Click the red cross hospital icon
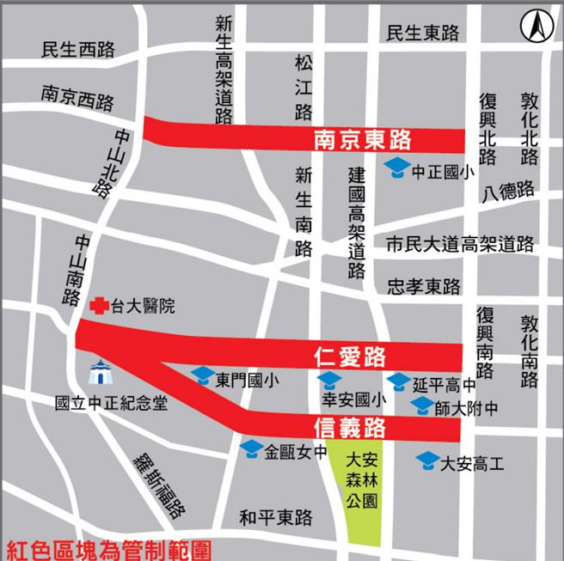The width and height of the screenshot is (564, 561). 100,304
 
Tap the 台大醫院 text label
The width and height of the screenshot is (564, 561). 142,305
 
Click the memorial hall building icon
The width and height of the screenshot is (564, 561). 100,373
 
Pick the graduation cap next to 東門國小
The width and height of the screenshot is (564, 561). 202,375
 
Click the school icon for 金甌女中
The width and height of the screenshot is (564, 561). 251,448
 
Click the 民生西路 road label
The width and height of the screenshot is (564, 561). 77,50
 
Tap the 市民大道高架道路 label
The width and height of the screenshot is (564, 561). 460,245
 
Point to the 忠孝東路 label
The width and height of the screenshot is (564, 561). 423,286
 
